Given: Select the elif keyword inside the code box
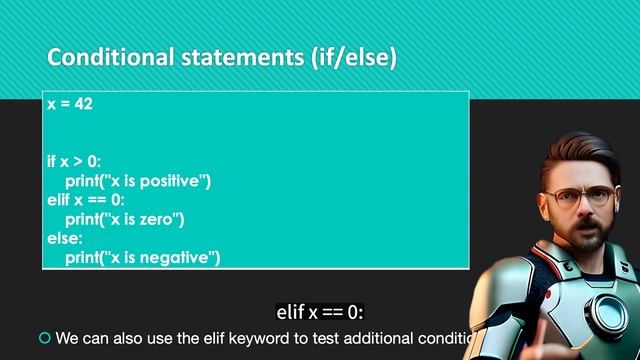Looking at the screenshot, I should pyautogui.click(x=58, y=199).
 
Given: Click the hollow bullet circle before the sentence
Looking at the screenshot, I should pyautogui.click(x=43, y=338).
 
